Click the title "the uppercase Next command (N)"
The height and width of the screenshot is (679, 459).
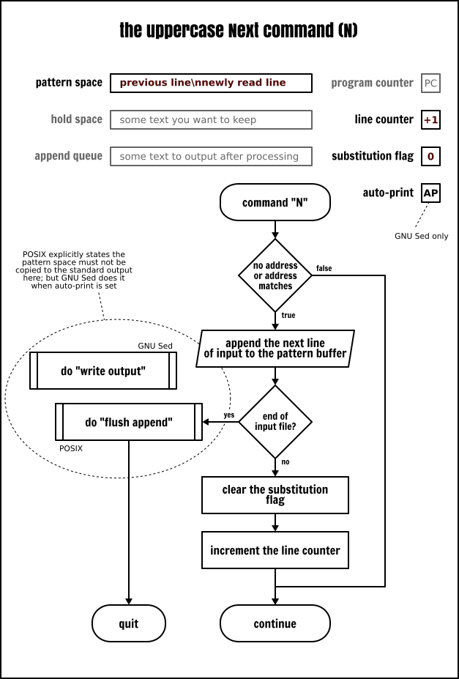tap(239, 31)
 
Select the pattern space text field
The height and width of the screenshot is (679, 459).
tap(211, 83)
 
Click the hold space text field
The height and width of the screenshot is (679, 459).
tap(211, 119)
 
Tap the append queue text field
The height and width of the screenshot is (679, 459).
tap(211, 156)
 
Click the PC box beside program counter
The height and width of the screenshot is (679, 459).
tap(430, 83)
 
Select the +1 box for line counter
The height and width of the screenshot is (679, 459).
tap(430, 119)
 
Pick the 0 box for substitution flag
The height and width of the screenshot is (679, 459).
tap(430, 156)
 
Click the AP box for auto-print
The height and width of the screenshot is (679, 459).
tap(430, 193)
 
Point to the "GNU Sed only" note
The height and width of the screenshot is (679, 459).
tap(421, 236)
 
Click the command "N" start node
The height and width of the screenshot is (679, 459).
tap(275, 202)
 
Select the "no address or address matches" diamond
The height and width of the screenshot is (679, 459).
tap(275, 275)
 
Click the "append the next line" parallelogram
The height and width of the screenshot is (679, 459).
tap(275, 349)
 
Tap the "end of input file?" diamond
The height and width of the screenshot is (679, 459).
tap(275, 422)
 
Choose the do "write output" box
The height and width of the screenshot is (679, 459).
tap(103, 371)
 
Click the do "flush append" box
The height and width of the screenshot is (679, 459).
tap(129, 422)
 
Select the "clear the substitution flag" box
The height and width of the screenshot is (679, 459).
tap(275, 495)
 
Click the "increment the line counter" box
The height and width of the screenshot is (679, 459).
tap(275, 550)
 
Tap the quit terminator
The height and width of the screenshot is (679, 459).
tap(129, 623)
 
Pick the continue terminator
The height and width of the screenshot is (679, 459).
tap(275, 623)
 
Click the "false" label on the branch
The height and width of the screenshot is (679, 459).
tap(324, 269)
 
